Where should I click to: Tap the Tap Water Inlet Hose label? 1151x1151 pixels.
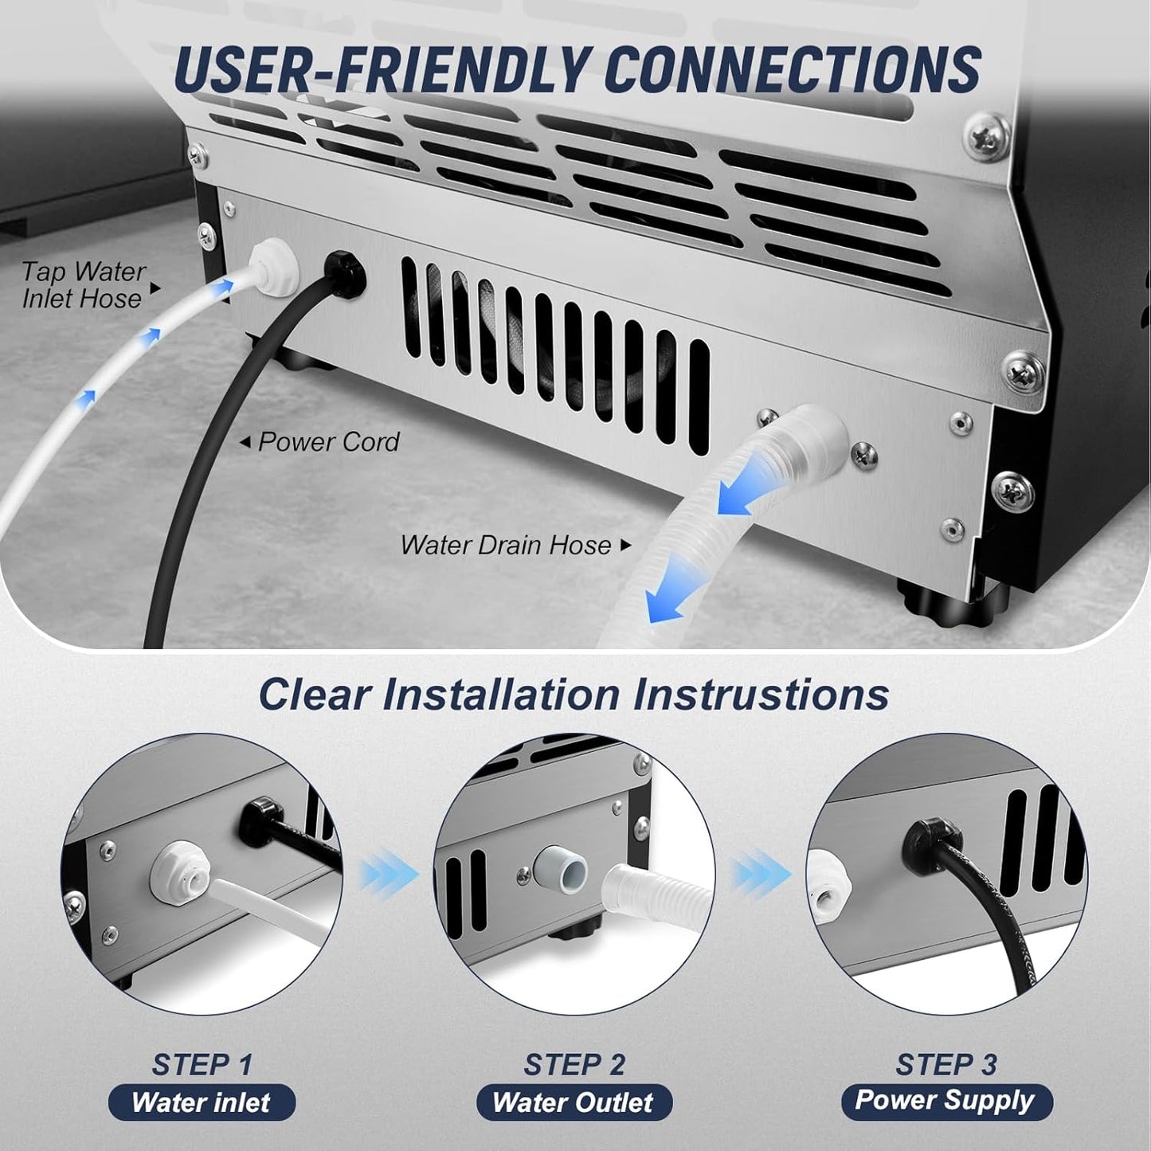point(83,285)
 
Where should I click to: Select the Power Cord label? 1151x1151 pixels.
point(328,442)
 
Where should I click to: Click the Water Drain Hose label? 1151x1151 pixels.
point(507,546)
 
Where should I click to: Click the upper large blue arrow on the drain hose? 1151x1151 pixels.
point(744,494)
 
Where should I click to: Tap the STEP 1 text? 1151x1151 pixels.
point(202,1064)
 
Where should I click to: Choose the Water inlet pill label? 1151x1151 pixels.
point(202,1103)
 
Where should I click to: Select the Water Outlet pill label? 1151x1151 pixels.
point(574,1103)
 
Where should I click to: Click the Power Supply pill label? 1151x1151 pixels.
point(945,1102)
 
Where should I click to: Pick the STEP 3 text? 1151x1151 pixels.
point(945,1064)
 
